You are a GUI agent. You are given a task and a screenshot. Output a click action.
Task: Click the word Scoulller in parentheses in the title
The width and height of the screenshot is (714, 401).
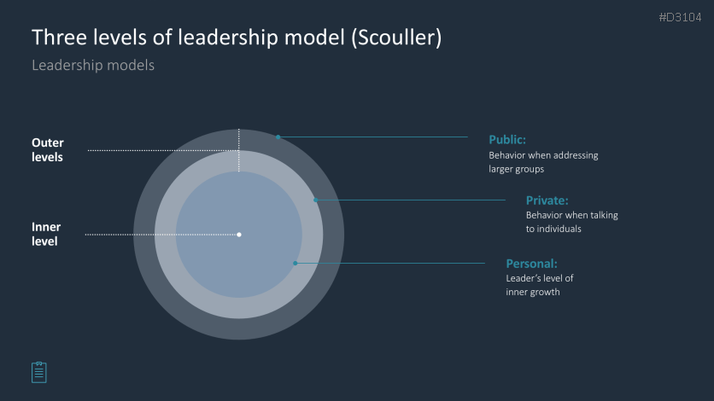[x=396, y=38]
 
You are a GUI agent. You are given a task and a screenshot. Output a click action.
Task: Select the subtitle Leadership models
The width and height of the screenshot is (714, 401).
[x=93, y=65]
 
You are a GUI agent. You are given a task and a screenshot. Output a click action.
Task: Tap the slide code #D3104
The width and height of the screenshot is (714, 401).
[x=680, y=17]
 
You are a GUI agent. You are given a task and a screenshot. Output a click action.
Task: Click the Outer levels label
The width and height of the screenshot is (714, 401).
[x=47, y=149]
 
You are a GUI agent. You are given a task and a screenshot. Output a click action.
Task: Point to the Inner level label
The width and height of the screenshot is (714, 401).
[x=45, y=234]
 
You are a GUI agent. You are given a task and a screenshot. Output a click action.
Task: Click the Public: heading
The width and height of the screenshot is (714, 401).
[x=507, y=140]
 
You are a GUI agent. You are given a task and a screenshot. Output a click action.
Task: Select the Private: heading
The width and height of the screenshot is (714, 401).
[x=547, y=200]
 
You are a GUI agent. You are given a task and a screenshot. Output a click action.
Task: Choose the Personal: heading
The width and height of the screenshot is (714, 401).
[x=531, y=264]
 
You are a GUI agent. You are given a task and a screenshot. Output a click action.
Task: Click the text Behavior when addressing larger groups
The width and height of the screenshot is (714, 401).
[x=543, y=162]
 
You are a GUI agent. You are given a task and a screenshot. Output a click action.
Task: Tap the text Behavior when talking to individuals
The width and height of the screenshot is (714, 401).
[x=572, y=222]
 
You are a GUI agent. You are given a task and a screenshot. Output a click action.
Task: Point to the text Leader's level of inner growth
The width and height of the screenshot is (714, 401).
[x=540, y=285]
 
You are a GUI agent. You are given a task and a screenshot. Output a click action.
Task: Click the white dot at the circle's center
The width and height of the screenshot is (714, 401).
[x=239, y=235]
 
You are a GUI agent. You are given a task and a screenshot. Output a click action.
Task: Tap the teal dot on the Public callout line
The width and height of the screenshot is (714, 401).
[x=278, y=137]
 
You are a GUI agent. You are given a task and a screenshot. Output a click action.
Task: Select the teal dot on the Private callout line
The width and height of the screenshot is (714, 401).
[x=315, y=200]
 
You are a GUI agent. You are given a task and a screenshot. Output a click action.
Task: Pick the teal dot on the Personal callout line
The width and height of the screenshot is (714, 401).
[x=295, y=264]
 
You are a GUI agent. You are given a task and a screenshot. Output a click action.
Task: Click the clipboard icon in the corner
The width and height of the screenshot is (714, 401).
[x=39, y=372]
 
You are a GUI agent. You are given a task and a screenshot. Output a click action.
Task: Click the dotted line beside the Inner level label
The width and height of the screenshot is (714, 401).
[x=162, y=235]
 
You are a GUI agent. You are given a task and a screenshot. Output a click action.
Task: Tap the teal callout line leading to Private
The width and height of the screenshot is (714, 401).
[x=410, y=200]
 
